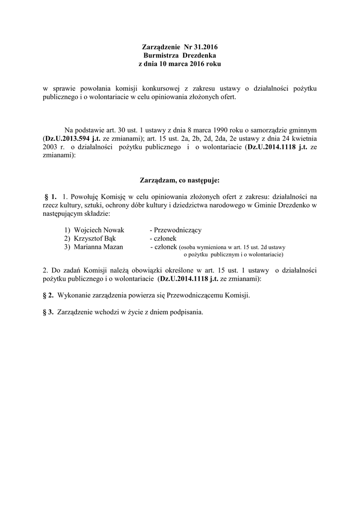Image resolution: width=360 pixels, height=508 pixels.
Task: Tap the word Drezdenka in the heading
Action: (x=199, y=56)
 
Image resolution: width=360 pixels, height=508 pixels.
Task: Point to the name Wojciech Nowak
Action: (x=99, y=230)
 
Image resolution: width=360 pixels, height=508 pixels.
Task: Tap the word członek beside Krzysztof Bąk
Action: (x=163, y=239)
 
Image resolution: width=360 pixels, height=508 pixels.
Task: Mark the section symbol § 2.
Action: (x=49, y=295)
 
